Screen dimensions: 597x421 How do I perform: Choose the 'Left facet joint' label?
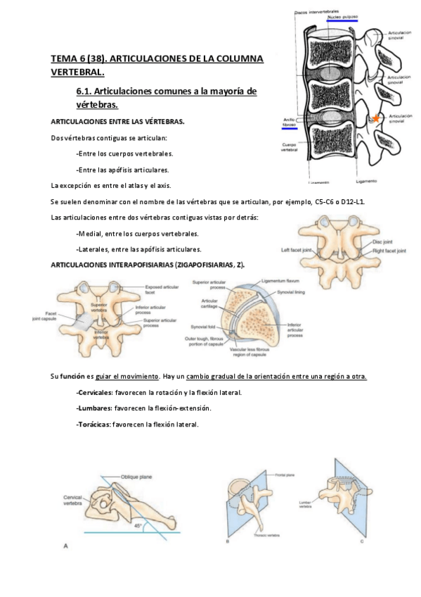coord(296,250)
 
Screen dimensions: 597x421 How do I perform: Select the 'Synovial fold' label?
coord(203,327)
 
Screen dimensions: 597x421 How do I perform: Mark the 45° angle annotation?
coord(138,525)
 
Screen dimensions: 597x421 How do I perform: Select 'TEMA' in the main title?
coord(64,58)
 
